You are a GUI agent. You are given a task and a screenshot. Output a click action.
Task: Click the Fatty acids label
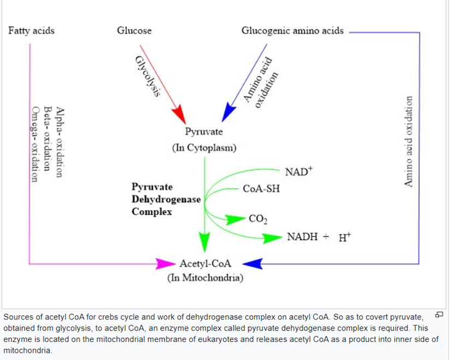click(32, 31)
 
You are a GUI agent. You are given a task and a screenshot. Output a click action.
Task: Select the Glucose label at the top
click(134, 31)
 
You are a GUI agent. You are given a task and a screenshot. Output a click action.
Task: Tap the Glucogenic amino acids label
click(293, 31)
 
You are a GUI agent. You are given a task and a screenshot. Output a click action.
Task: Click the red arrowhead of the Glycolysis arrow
click(179, 114)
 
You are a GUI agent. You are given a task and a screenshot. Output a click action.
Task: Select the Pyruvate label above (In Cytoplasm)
click(204, 132)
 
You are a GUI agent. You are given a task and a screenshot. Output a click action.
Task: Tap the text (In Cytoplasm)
click(204, 148)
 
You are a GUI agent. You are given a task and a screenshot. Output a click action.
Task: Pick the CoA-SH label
click(261, 189)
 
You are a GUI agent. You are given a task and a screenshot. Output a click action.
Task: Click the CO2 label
click(258, 220)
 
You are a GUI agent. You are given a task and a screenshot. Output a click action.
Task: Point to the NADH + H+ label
click(318, 237)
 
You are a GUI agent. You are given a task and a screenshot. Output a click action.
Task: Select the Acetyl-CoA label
click(205, 264)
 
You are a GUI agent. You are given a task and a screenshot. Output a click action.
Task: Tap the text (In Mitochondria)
click(205, 277)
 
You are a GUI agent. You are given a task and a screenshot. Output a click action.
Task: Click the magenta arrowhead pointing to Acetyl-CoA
click(165, 264)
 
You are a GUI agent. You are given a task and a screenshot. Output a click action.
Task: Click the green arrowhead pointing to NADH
click(272, 238)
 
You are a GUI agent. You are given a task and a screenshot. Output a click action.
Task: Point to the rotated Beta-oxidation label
click(49, 140)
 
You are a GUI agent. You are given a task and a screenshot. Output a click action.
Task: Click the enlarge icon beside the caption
click(439, 316)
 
